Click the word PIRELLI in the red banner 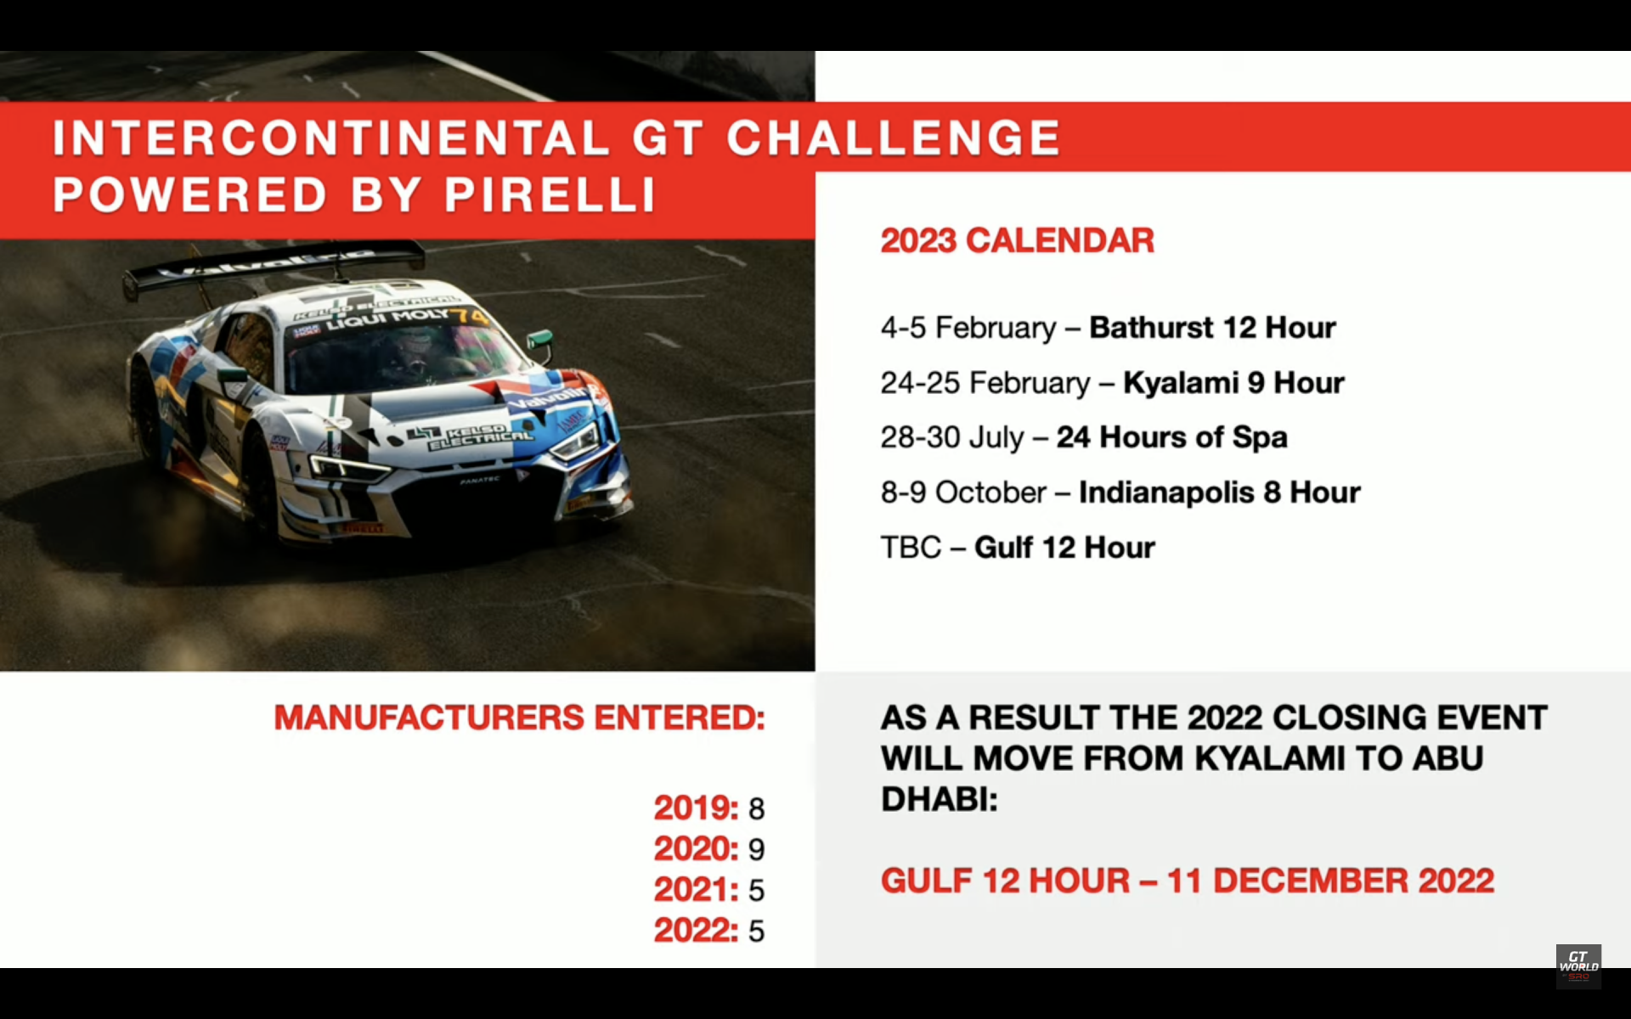(x=550, y=194)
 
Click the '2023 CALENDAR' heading (x=1018, y=240)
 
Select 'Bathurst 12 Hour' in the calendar (x=1212, y=328)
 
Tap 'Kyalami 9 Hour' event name (x=1233, y=383)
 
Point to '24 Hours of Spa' (x=1172, y=437)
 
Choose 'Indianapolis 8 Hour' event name (x=1220, y=493)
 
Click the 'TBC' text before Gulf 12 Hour (x=911, y=548)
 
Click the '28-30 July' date (x=952, y=437)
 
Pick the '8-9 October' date (x=963, y=493)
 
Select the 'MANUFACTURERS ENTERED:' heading (x=520, y=718)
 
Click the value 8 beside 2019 (x=756, y=808)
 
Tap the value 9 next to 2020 (x=756, y=849)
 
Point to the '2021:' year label (x=696, y=890)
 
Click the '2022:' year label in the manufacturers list (x=696, y=931)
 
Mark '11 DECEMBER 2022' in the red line (x=1330, y=881)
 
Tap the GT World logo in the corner (x=1578, y=966)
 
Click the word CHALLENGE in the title (x=894, y=138)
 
